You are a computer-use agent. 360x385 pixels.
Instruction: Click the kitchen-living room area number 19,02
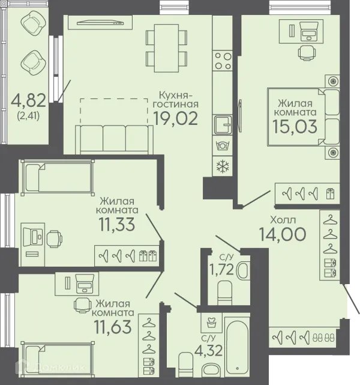coord(176,118)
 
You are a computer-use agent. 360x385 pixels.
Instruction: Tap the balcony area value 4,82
coord(28,100)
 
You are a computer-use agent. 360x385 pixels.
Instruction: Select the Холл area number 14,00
coord(283,234)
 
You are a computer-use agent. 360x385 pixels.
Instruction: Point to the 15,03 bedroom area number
coord(295,127)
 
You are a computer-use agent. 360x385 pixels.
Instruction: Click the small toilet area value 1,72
coord(221,269)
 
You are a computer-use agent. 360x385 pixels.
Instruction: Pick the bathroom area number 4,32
coord(209,350)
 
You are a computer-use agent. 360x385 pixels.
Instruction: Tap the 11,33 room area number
coord(117,225)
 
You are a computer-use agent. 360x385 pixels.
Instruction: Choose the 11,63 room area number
coord(113,327)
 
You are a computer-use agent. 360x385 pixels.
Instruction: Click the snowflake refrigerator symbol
coord(223,166)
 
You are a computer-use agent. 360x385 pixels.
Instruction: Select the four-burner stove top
coord(223,61)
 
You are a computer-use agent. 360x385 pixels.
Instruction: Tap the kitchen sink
coord(223,125)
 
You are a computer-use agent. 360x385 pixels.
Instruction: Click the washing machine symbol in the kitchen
coord(223,145)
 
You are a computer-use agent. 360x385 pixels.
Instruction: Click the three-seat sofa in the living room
coord(114,139)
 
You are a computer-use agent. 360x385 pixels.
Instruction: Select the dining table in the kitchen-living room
coord(166,48)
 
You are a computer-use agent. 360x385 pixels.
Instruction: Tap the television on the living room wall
coord(100,23)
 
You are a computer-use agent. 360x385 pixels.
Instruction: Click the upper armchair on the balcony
coord(34,23)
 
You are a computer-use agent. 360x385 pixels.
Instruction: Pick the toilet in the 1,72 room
coord(224,293)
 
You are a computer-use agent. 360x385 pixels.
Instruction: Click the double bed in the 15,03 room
coord(304,117)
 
